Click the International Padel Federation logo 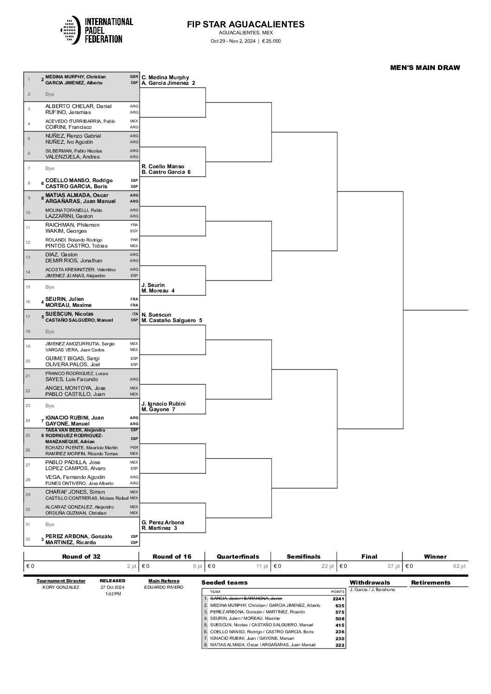97,31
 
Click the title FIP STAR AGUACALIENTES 245,25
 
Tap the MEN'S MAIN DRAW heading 425,68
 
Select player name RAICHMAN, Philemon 72,225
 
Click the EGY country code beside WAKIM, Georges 134,231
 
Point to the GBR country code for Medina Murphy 134,77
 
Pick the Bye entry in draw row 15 50,287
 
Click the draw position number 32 29,539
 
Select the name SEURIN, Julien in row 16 65,299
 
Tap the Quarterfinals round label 238,556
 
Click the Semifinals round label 304,556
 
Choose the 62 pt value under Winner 459,566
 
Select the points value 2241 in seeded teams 339,599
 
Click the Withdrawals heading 370,582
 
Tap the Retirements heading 431,582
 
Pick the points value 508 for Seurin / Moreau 340,618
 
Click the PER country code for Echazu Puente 134,447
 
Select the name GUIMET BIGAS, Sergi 72,358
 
